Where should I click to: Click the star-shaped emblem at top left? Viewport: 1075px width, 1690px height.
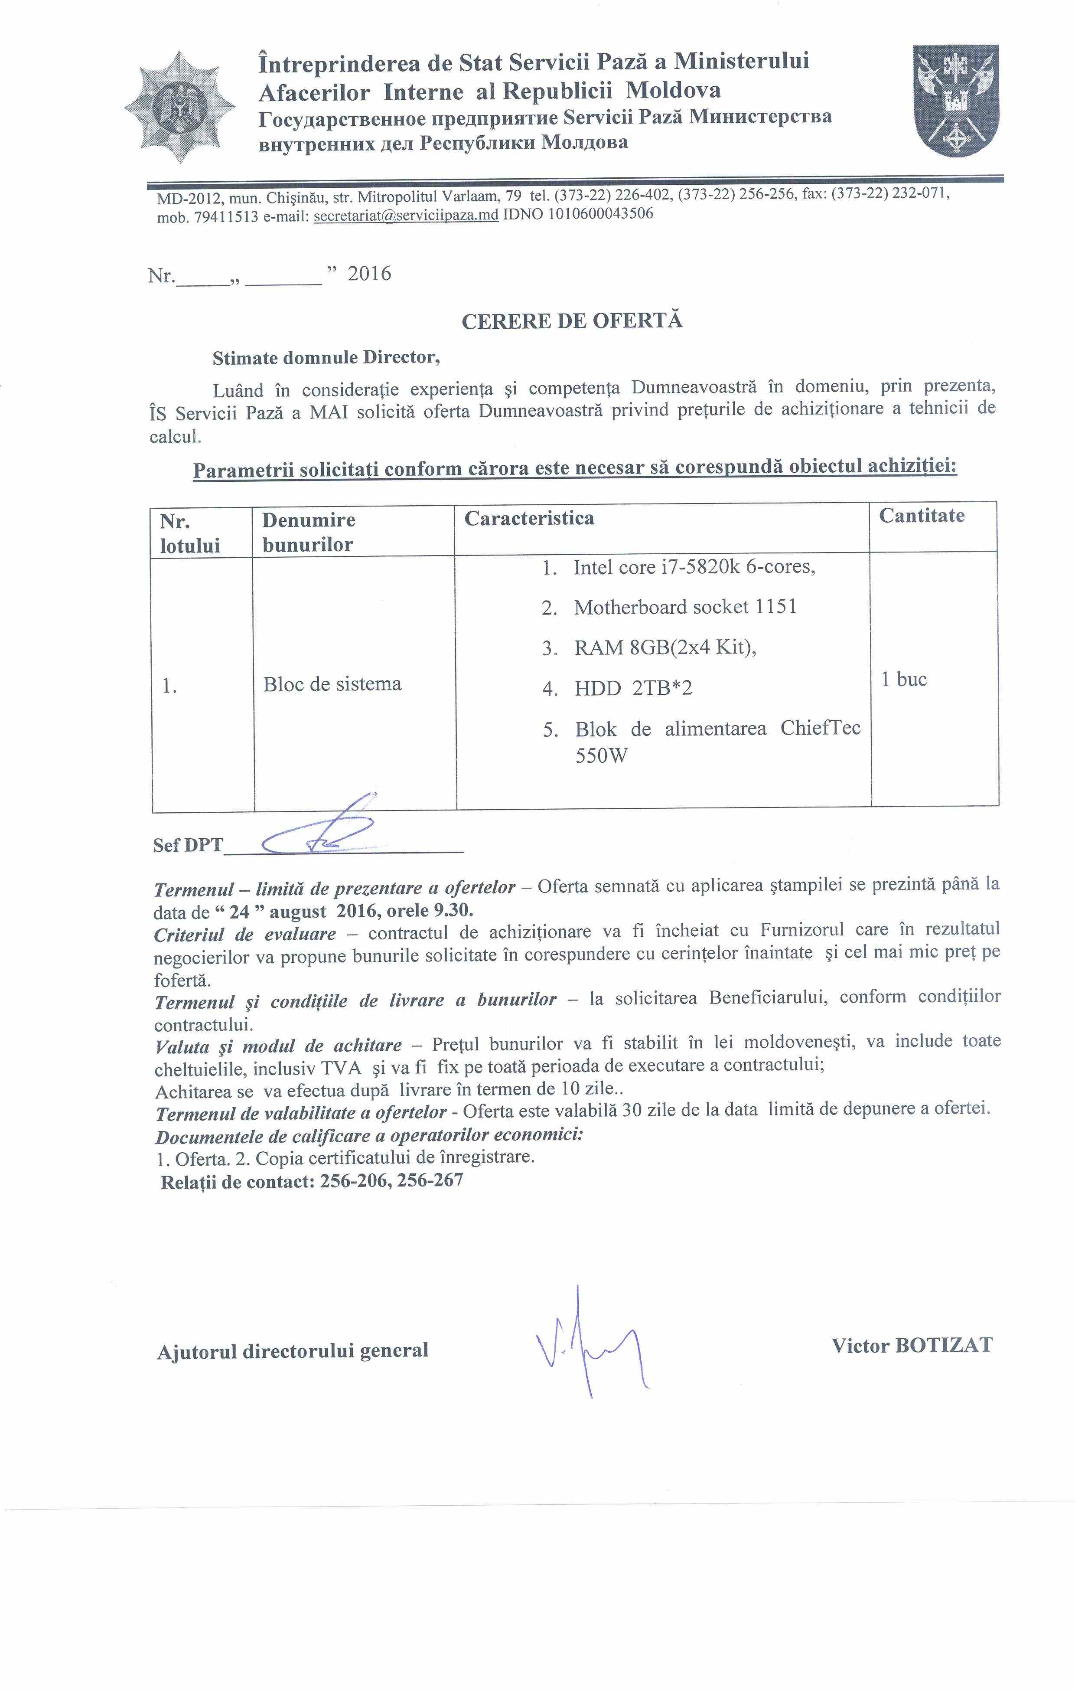(x=179, y=108)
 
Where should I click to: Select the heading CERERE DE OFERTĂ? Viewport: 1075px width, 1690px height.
(x=572, y=321)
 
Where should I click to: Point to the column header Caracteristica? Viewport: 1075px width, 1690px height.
(x=529, y=519)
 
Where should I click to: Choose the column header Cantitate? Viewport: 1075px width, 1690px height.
(x=921, y=516)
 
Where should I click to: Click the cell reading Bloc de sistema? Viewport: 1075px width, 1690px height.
(x=332, y=684)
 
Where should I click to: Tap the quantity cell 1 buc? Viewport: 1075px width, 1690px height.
(x=904, y=680)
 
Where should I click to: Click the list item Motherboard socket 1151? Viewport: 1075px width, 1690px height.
(x=685, y=607)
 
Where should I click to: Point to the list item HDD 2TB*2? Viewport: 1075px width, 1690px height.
(x=633, y=689)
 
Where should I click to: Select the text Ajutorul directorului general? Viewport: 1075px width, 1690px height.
(x=293, y=1351)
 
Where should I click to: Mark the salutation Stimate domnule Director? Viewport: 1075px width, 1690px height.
(x=326, y=358)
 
